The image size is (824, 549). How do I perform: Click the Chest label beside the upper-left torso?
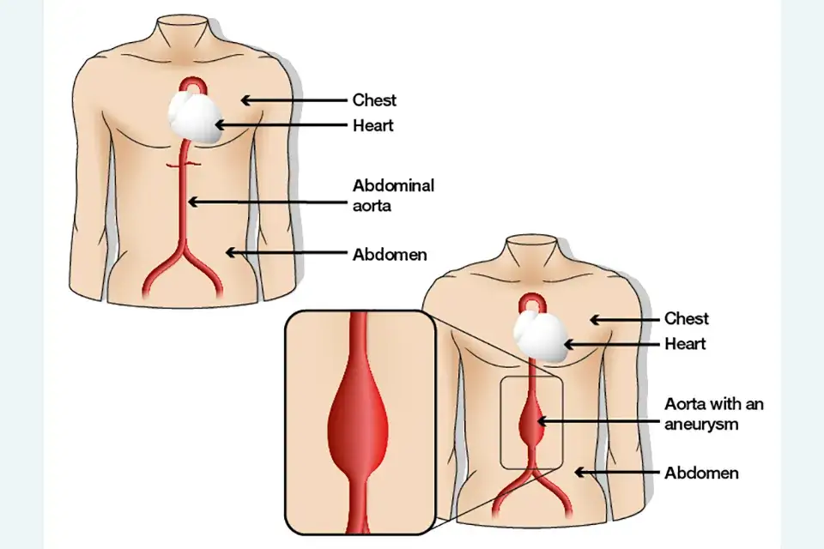point(374,100)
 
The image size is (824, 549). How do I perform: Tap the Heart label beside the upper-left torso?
point(373,125)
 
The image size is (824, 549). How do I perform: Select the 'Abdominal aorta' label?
point(394,195)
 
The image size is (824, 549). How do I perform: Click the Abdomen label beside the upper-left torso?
point(390,255)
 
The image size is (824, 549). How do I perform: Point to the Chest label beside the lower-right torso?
point(687,318)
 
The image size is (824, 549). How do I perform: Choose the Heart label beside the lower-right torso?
point(685,344)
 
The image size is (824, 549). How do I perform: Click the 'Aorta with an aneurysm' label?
point(714,414)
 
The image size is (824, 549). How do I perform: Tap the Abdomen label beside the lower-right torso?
point(701,473)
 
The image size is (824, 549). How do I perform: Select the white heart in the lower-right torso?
point(540,336)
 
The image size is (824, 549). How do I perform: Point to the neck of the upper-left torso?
point(182,33)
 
